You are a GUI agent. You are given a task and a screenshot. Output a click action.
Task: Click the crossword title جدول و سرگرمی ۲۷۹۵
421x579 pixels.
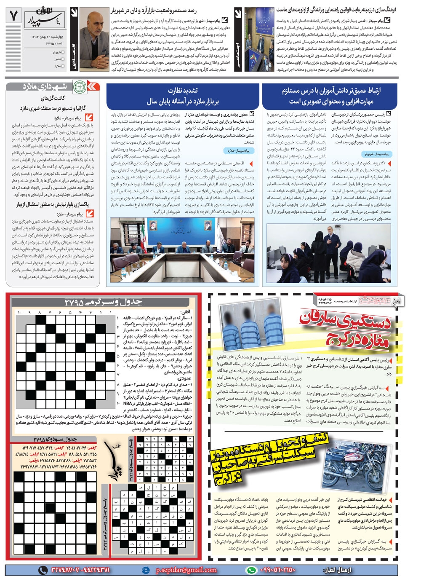coord(103,302)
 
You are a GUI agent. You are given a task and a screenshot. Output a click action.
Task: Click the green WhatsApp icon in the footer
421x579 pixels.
coord(251,570)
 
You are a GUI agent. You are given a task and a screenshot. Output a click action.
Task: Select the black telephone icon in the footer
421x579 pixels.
coord(43,570)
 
